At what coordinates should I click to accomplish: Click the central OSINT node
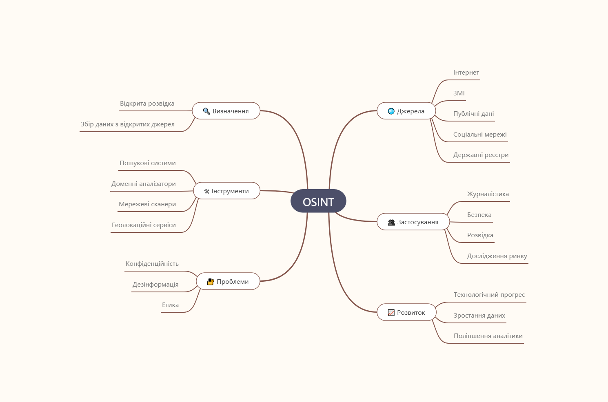click(x=318, y=201)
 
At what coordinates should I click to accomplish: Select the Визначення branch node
click(x=226, y=110)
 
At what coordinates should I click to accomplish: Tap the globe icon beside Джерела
click(x=391, y=111)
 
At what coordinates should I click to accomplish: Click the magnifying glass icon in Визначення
click(x=206, y=111)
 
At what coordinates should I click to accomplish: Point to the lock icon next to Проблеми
click(x=211, y=282)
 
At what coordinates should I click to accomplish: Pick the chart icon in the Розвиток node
click(x=391, y=312)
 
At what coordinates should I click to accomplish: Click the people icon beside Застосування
click(x=391, y=223)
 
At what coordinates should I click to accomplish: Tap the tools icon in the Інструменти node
click(x=206, y=191)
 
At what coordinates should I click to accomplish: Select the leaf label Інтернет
click(x=466, y=73)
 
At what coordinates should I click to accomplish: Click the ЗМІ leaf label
click(x=459, y=93)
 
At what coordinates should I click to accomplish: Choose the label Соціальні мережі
click(x=480, y=134)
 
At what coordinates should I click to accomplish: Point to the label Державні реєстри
click(x=481, y=155)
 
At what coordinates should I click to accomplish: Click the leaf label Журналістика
click(x=488, y=194)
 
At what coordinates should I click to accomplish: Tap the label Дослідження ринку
click(x=497, y=256)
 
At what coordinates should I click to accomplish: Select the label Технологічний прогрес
click(x=489, y=295)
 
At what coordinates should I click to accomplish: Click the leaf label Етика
click(x=170, y=305)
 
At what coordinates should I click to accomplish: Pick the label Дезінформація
click(x=155, y=284)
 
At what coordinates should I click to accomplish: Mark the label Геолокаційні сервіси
click(x=144, y=225)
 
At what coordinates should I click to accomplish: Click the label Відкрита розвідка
click(x=147, y=103)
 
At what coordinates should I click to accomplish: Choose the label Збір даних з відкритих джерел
click(x=127, y=124)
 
